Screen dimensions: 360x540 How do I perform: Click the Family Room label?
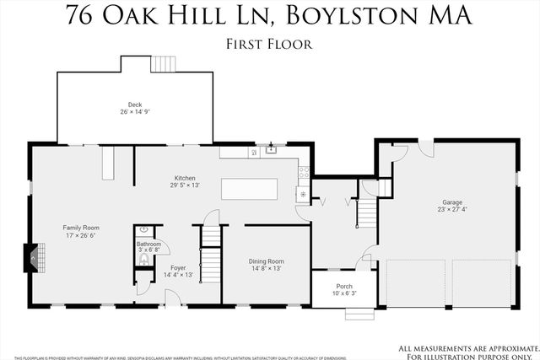tap(81, 228)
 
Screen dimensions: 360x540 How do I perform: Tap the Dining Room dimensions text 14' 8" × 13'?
tap(266, 269)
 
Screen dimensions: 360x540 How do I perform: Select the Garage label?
tap(452, 202)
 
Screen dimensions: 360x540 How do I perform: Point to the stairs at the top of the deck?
tap(162, 64)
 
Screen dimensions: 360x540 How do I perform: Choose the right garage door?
tap(481, 283)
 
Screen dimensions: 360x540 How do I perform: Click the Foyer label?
tap(178, 267)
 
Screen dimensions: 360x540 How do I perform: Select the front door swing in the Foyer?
tap(173, 296)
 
